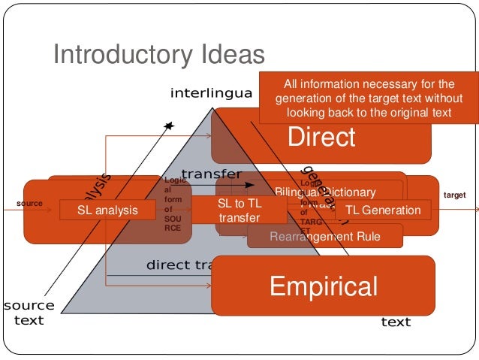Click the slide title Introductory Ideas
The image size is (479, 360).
[x=158, y=54]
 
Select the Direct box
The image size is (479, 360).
[x=321, y=137]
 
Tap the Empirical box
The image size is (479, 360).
[x=323, y=286]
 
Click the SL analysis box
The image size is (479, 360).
[x=108, y=210]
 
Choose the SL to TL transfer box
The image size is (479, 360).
[x=239, y=210]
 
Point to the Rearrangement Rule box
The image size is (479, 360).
[x=325, y=237]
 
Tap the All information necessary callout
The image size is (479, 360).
[x=369, y=98]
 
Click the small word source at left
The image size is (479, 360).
[x=29, y=203]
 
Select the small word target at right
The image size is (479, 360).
[x=455, y=195]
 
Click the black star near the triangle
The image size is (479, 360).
[x=169, y=126]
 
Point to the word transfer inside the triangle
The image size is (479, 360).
[x=211, y=174]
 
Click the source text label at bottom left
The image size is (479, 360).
[x=29, y=313]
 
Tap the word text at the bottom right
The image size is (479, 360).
[x=396, y=322]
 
